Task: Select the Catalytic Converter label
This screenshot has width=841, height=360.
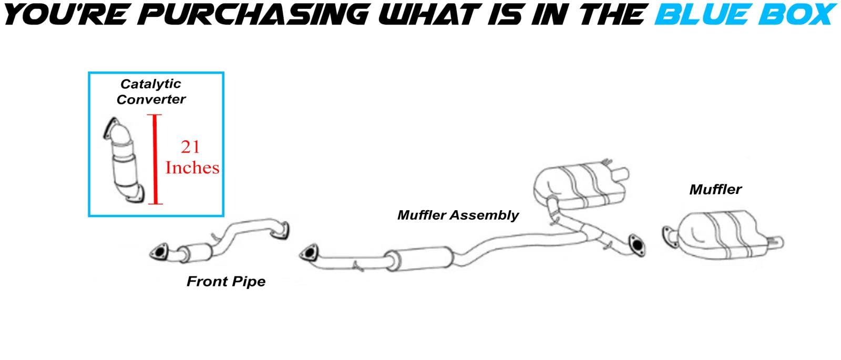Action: point(151,91)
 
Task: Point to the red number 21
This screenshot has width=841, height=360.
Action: point(190,147)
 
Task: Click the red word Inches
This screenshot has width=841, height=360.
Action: point(192,168)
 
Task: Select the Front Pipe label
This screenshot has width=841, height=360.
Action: point(226,282)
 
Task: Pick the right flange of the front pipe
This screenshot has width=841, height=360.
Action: point(283,232)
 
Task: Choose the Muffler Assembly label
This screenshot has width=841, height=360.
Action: point(458,215)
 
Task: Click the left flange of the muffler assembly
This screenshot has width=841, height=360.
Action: point(306,253)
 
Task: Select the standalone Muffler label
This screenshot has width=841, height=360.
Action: point(715,189)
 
